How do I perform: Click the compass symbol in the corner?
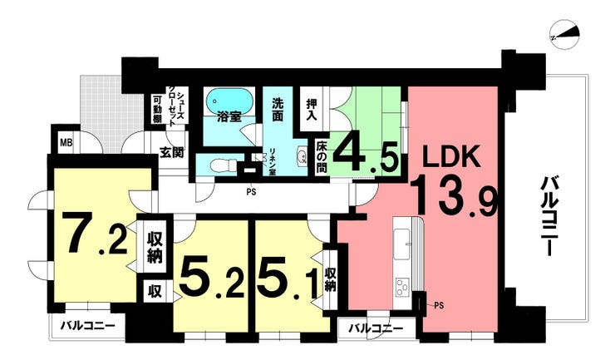[565, 36]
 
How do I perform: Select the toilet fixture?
[223, 165]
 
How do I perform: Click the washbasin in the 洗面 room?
[303, 155]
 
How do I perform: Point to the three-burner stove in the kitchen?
[402, 288]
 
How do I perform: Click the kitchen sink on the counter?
[402, 244]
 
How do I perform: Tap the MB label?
[66, 143]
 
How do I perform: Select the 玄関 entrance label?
[172, 152]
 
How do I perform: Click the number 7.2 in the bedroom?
[97, 234]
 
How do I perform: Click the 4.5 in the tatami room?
[367, 152]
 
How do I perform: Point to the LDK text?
[451, 157]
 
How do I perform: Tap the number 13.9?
[455, 195]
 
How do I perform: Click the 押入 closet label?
[312, 110]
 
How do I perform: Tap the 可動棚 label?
[157, 109]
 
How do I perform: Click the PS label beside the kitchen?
[439, 305]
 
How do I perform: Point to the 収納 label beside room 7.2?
[155, 247]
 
